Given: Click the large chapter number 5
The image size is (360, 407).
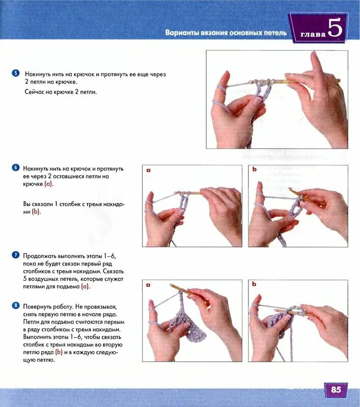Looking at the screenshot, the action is tap(335, 27).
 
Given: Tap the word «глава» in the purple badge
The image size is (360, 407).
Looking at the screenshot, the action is tap(313, 34).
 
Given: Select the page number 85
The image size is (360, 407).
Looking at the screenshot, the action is tap(336, 390).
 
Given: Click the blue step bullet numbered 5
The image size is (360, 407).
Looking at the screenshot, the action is tap(16, 73).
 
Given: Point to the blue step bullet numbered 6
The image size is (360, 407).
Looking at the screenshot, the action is tap(16, 168).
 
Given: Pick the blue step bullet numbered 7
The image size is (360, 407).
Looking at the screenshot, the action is tap(16, 255).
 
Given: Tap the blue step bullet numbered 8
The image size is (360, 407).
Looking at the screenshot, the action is tap(16, 306).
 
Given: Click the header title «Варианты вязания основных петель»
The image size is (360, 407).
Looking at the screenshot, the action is tap(226, 33).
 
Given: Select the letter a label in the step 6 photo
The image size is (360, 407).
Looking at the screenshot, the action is tap(148, 170).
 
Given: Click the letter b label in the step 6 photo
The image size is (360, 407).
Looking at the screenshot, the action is tap(254, 169).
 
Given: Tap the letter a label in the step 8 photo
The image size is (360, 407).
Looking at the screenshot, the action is tap(148, 285).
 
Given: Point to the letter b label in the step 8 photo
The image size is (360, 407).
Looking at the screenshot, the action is tap(254, 284).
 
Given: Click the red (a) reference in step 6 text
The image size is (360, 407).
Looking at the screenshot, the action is tap(48, 184).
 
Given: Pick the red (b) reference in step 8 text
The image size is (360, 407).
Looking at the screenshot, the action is tap(59, 352).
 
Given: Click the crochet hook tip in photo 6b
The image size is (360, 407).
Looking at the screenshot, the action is tap(290, 189).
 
